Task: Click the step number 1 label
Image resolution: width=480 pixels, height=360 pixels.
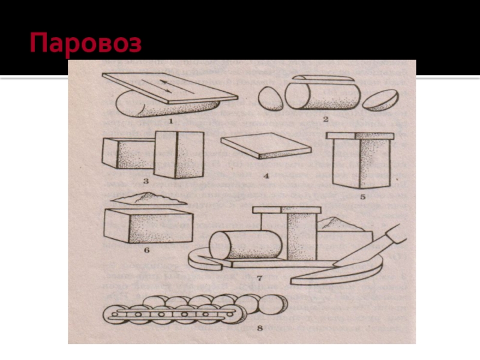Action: coord(171,121)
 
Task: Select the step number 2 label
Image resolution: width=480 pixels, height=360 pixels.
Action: coord(326,119)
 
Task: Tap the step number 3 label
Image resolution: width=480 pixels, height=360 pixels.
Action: coord(146,181)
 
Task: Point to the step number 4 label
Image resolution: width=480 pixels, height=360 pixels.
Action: coord(266,176)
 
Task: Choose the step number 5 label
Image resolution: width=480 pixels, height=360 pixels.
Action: coord(363,197)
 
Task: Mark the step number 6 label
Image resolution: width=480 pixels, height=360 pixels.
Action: coord(146,250)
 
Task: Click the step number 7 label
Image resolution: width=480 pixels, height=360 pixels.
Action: coord(260,278)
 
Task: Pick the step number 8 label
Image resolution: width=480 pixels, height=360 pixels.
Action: coord(260,328)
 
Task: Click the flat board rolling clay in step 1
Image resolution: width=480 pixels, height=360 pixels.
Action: coord(170,88)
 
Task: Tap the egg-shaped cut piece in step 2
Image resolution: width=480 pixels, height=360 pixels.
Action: coord(271,98)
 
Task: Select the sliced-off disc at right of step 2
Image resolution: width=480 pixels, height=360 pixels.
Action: coord(380,100)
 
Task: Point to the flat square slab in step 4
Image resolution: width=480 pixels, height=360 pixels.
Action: coord(266,146)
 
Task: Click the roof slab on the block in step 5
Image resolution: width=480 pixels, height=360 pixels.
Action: coord(360,136)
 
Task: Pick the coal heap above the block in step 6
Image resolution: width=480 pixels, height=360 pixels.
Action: coord(148,199)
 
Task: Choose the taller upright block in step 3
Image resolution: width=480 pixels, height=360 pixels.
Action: coord(179,154)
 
